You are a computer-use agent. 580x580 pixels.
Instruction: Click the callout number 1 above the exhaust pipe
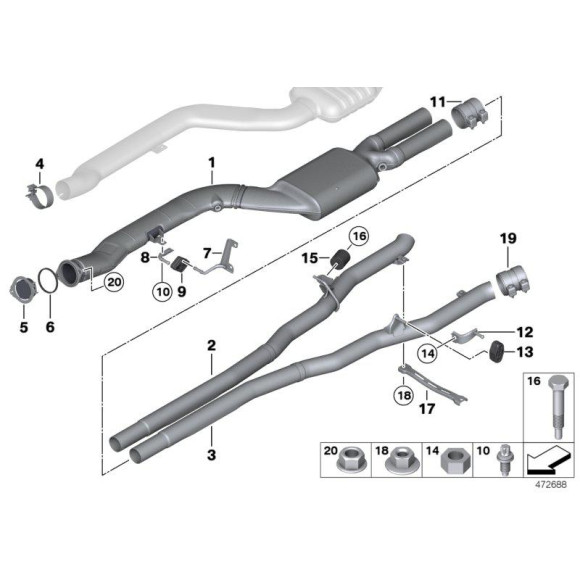[x=212, y=162]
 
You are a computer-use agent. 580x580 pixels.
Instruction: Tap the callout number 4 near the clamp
[x=40, y=163]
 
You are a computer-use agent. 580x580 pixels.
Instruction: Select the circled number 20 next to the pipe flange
[x=113, y=283]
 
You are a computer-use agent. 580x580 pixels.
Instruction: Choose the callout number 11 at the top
[x=437, y=102]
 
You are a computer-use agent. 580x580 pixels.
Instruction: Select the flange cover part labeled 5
[x=18, y=289]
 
